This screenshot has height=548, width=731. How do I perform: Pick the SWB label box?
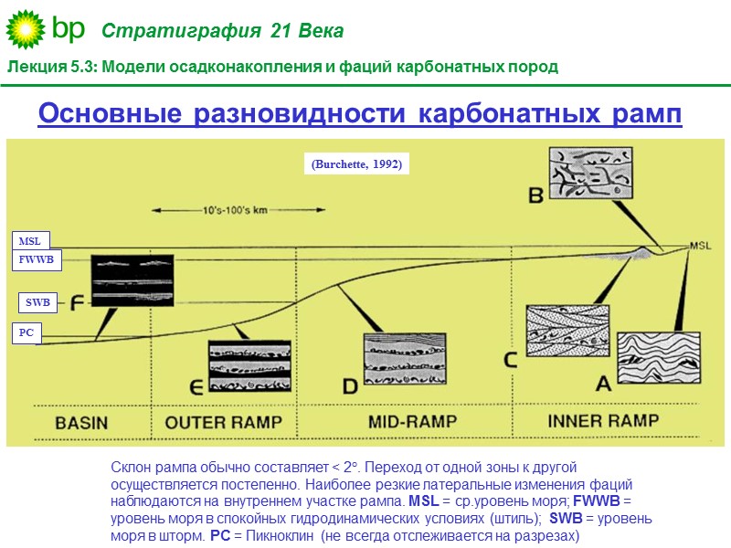[x=37, y=301]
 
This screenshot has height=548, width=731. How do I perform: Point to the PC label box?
[x=26, y=333]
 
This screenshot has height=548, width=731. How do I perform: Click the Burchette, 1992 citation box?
[x=355, y=163]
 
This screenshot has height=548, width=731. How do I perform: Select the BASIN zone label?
[x=81, y=423]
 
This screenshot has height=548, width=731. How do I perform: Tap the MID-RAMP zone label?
[x=413, y=422]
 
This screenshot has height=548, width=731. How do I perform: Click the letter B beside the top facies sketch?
[x=536, y=195]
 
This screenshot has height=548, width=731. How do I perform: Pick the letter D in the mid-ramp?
[x=350, y=386]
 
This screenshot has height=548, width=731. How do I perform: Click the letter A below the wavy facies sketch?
[x=603, y=385]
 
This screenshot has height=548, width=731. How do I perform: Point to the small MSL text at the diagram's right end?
[x=700, y=245]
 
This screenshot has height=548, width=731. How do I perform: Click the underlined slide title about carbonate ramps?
[x=360, y=115]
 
